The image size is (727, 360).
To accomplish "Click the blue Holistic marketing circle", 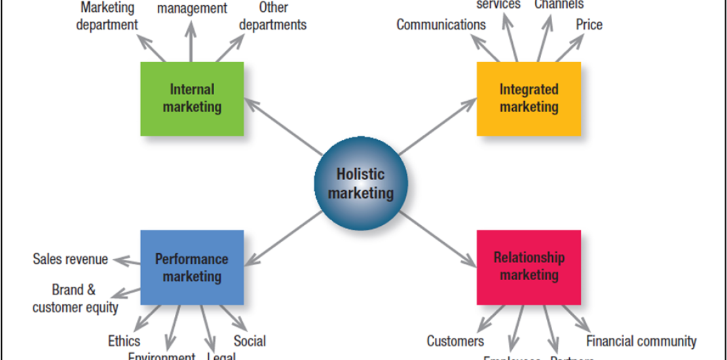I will (361, 183).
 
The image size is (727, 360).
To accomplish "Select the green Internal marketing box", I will (192, 99).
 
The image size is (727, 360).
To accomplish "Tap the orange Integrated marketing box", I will (529, 99).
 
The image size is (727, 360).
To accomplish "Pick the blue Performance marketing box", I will (192, 267).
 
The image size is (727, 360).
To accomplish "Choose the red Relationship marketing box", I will (529, 267).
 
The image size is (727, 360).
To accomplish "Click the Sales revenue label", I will (70, 259).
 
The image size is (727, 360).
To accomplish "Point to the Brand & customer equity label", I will (75, 298).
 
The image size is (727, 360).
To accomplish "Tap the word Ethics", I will (124, 341).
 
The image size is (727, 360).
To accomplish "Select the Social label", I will (250, 341).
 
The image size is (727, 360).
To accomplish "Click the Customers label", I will (455, 341).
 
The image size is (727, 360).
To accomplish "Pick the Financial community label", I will (641, 341).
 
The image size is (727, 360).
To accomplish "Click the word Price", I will (589, 25).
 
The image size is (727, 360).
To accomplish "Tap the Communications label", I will (441, 25).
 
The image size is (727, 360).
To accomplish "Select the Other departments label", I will (272, 17).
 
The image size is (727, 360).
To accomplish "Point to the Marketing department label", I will (107, 17).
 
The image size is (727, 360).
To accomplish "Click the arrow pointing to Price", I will (570, 48).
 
